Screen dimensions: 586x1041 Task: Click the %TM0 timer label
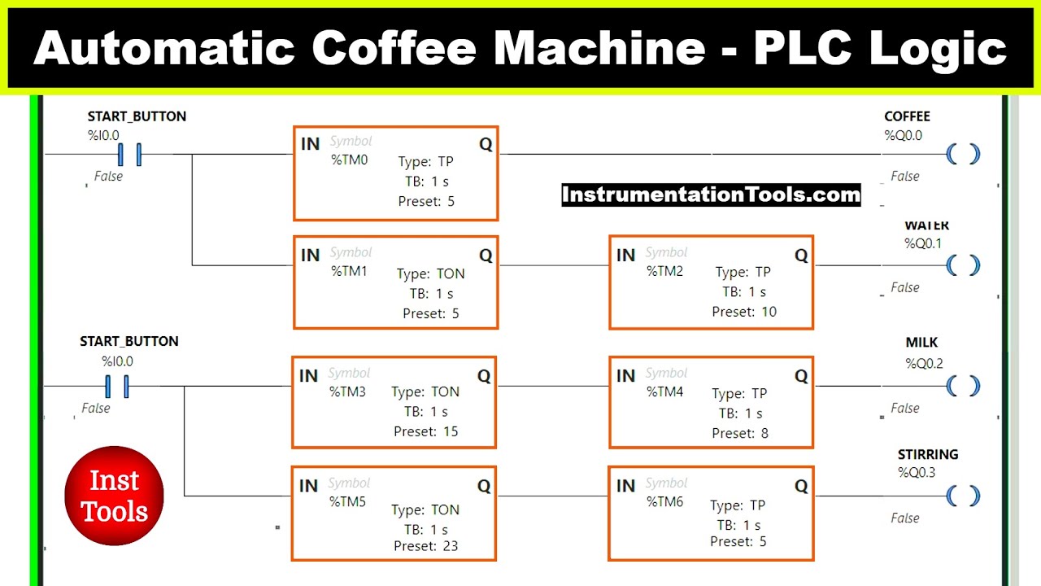(x=349, y=160)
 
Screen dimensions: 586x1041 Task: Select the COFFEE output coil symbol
(x=963, y=154)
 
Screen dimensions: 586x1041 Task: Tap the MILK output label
(x=921, y=343)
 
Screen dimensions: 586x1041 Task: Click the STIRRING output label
(x=928, y=454)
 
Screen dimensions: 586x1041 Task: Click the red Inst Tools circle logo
(x=114, y=496)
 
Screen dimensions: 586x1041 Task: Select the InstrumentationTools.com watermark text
(x=711, y=195)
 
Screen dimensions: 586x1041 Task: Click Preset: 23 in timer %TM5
(x=426, y=546)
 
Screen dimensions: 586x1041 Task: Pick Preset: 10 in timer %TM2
(x=744, y=312)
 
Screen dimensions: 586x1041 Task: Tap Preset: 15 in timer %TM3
(x=426, y=431)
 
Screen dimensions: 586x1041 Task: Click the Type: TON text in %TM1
(x=431, y=274)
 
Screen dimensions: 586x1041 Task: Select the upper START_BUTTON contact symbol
(x=129, y=154)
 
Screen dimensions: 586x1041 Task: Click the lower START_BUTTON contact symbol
(x=116, y=387)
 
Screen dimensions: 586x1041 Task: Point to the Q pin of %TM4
(x=800, y=376)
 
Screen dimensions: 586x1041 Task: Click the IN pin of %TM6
(x=625, y=487)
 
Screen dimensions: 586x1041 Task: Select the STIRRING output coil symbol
(x=963, y=496)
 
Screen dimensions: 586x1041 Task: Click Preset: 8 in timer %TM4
(x=740, y=433)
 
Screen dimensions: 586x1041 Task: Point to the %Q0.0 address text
(x=903, y=136)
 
